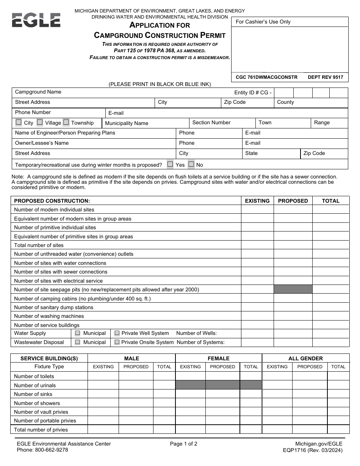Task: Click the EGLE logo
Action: (x=36, y=20)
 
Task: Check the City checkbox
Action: (x=19, y=122)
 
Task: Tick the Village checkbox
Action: (x=40, y=122)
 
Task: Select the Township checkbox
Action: (x=66, y=122)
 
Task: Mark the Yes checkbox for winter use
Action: (x=170, y=164)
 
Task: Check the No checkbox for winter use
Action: (x=191, y=164)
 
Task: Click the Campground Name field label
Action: (x=38, y=92)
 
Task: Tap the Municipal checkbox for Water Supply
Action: (x=78, y=333)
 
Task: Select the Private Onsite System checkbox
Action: (x=117, y=342)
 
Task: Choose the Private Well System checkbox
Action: (x=117, y=333)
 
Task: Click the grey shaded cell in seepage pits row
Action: (x=293, y=289)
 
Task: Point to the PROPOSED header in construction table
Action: (x=293, y=201)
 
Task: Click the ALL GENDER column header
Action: (x=305, y=358)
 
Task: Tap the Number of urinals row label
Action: (x=35, y=385)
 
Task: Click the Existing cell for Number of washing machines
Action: (x=257, y=316)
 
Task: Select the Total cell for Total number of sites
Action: (x=330, y=245)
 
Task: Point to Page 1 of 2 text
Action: (x=184, y=444)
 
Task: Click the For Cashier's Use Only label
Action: (x=263, y=22)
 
